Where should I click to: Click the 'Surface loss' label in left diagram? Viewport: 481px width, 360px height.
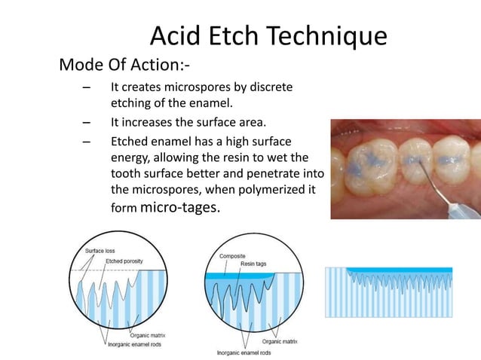pos(100,250)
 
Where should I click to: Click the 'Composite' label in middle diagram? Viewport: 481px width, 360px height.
pos(232,255)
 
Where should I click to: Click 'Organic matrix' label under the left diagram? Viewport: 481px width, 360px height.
pos(148,335)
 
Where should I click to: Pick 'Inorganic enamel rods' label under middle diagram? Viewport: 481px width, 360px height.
pos(243,352)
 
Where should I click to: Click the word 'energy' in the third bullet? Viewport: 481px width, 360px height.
pos(130,157)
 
